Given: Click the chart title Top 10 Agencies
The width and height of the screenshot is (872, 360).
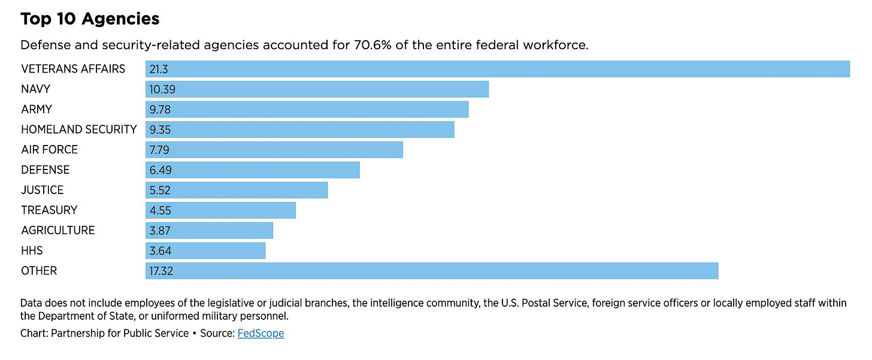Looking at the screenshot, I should [90, 19].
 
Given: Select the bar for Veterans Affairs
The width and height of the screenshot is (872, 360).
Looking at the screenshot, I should [497, 69].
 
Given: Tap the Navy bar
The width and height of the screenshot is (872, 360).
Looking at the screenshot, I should [317, 89].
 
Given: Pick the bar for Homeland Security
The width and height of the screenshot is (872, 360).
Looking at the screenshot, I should [299, 129].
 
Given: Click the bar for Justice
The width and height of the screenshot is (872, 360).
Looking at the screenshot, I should [237, 190].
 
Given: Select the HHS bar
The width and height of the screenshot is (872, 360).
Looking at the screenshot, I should [205, 250].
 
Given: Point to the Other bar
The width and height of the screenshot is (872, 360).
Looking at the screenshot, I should [431, 271].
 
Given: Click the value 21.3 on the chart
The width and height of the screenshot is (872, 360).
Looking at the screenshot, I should [158, 69].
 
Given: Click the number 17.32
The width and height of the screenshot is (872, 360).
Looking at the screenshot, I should [162, 271].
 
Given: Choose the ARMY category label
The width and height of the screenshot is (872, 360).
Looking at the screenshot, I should [37, 110].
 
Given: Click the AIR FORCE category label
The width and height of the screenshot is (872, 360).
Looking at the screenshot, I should [49, 150].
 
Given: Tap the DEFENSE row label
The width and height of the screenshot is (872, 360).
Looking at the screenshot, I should [45, 170].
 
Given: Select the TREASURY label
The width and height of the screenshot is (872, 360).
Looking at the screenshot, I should [49, 210].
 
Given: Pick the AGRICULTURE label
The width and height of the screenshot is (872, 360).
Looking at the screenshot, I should [57, 231].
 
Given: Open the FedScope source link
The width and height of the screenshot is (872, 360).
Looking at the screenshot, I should [261, 333].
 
